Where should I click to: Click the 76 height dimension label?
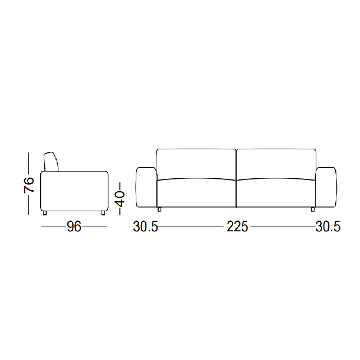click(29, 185)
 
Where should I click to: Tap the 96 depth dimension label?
click(74, 227)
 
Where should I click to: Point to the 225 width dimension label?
click(237, 227)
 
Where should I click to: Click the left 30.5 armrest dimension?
click(146, 227)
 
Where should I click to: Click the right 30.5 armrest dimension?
click(328, 227)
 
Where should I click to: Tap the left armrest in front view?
click(147, 187)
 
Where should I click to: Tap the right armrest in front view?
click(326, 187)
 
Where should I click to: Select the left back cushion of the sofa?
click(197, 165)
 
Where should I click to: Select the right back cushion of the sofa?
click(276, 165)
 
